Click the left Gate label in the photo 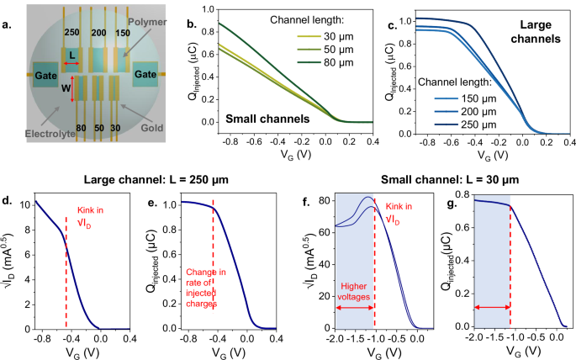(43, 74)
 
